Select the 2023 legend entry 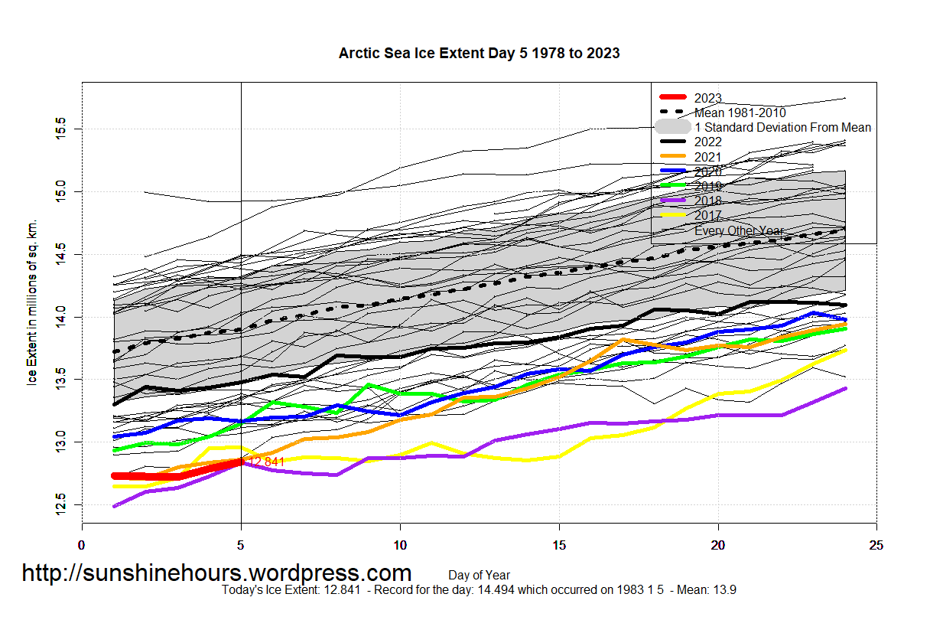(x=708, y=98)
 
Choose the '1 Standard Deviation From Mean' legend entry (x=782, y=127)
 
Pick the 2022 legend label (x=708, y=142)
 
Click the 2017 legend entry (x=708, y=216)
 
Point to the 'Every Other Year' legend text (x=739, y=230)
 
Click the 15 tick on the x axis (x=559, y=545)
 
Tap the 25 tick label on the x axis (x=876, y=545)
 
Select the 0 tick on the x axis (x=82, y=545)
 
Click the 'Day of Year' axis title (x=479, y=575)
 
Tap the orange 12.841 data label (x=266, y=462)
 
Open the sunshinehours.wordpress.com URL (x=216, y=573)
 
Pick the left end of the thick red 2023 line (x=114, y=476)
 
